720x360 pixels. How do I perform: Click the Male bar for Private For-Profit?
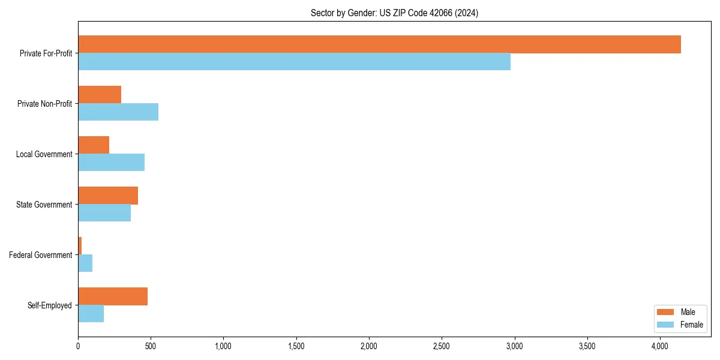379,44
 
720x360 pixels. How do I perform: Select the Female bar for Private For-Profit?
294,62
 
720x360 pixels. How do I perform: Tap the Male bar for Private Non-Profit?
100,95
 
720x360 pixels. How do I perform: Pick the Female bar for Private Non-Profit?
118,112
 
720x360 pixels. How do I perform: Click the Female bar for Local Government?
111,163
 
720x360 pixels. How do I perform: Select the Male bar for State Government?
108,196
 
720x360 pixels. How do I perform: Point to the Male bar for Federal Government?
80,246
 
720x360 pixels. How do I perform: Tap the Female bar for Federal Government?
85,263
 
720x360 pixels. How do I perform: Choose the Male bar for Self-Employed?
113,296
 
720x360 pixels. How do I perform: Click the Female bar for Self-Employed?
91,314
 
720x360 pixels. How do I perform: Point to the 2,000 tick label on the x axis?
368,346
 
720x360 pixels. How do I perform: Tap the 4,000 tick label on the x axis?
659,346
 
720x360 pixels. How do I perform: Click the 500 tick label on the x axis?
151,346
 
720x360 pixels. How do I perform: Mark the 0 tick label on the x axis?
78,346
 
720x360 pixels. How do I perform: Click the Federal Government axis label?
41,255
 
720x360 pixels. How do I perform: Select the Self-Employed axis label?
50,305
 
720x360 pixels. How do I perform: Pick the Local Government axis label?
44,154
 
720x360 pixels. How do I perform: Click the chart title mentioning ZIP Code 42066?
394,13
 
